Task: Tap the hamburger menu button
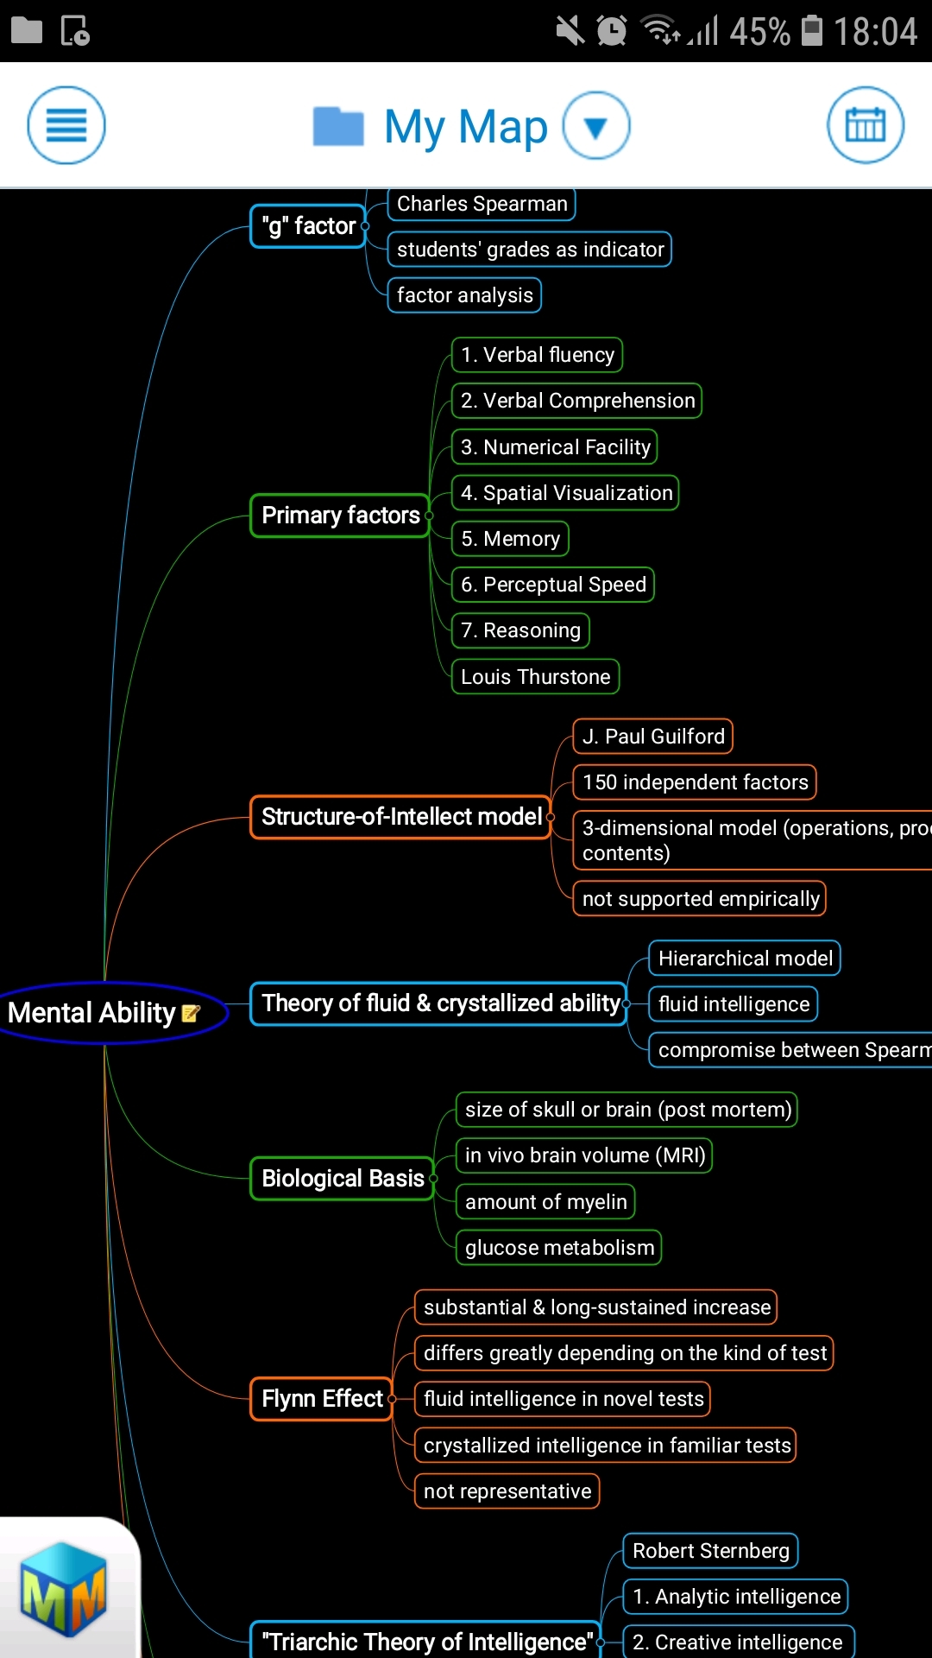(66, 125)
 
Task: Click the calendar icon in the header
(865, 125)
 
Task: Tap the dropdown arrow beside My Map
(596, 126)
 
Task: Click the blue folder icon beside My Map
(338, 127)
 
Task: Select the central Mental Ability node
(92, 1013)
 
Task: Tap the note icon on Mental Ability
(192, 1013)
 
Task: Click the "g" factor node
(308, 226)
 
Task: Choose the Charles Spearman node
(482, 204)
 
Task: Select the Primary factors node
(340, 516)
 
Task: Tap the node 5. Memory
(510, 539)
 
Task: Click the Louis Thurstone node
(535, 677)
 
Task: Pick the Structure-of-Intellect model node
(401, 817)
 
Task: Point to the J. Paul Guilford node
(653, 737)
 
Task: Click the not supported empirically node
(700, 899)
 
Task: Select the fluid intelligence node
(734, 1004)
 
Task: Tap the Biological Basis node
(343, 1179)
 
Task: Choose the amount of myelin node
(545, 1202)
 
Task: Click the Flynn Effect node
(322, 1399)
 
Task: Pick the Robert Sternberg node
(710, 1551)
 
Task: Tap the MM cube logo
(63, 1590)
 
